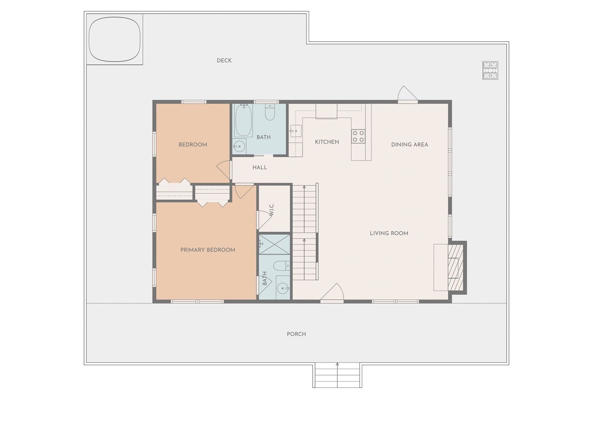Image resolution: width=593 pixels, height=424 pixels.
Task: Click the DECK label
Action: (x=224, y=61)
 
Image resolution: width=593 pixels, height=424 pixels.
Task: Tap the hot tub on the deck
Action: (x=114, y=39)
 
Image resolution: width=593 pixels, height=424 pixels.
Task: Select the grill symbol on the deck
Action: (x=490, y=71)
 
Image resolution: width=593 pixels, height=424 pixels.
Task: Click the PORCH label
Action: (x=296, y=334)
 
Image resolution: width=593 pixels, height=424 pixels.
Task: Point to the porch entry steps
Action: (x=337, y=375)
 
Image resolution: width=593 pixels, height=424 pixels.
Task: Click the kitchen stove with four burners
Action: (x=358, y=137)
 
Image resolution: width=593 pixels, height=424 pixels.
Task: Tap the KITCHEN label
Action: (x=327, y=142)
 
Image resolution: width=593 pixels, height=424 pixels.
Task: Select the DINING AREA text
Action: (x=410, y=145)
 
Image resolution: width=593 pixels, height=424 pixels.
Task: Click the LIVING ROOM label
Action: (x=389, y=233)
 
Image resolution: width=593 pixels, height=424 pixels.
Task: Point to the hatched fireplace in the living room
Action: (x=455, y=268)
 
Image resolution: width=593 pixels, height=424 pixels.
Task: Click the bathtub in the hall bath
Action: (x=243, y=120)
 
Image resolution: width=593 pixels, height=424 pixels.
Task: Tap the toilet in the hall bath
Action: (x=270, y=112)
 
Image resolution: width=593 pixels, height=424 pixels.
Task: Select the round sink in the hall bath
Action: (x=240, y=146)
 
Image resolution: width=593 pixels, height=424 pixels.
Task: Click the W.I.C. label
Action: (x=271, y=210)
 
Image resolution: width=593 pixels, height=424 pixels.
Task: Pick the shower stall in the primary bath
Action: (x=274, y=244)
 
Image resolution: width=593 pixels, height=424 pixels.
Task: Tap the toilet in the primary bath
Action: (x=281, y=266)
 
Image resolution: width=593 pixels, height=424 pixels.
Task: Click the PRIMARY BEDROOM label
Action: (x=208, y=250)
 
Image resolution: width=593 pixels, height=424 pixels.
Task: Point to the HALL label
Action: (x=259, y=167)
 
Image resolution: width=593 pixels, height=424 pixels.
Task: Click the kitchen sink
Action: (x=296, y=131)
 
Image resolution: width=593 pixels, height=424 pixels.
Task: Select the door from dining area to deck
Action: (x=408, y=94)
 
